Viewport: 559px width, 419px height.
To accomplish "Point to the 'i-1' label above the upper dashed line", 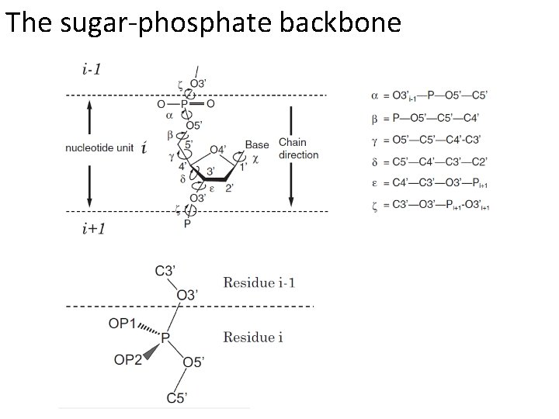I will coord(91,70).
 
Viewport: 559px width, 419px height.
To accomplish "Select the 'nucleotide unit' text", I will coord(99,148).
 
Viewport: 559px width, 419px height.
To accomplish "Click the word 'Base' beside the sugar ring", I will coord(256,145).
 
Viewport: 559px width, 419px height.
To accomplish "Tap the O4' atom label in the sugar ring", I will coord(218,150).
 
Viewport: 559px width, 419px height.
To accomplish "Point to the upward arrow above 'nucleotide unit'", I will coord(89,119).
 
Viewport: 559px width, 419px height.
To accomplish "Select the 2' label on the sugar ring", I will coord(229,187).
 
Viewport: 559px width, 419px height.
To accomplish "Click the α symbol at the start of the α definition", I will coord(376,95).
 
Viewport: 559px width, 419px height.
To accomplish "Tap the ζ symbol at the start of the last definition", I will coord(376,206).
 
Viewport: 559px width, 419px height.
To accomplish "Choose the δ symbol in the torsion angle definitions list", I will coord(376,161).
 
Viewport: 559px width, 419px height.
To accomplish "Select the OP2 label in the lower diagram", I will coord(130,359).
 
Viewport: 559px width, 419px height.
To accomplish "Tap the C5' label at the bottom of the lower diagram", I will coord(176,398).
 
